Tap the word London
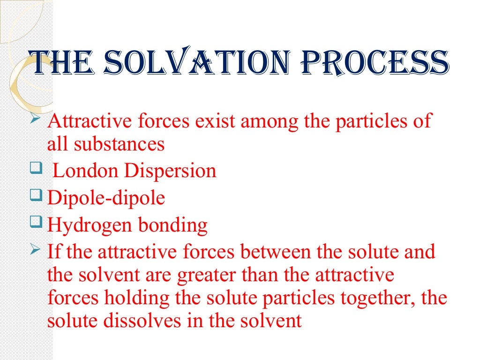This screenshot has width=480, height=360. coord(86,171)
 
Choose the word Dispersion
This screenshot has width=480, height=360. coord(170,172)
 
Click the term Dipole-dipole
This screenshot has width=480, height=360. coord(106,198)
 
